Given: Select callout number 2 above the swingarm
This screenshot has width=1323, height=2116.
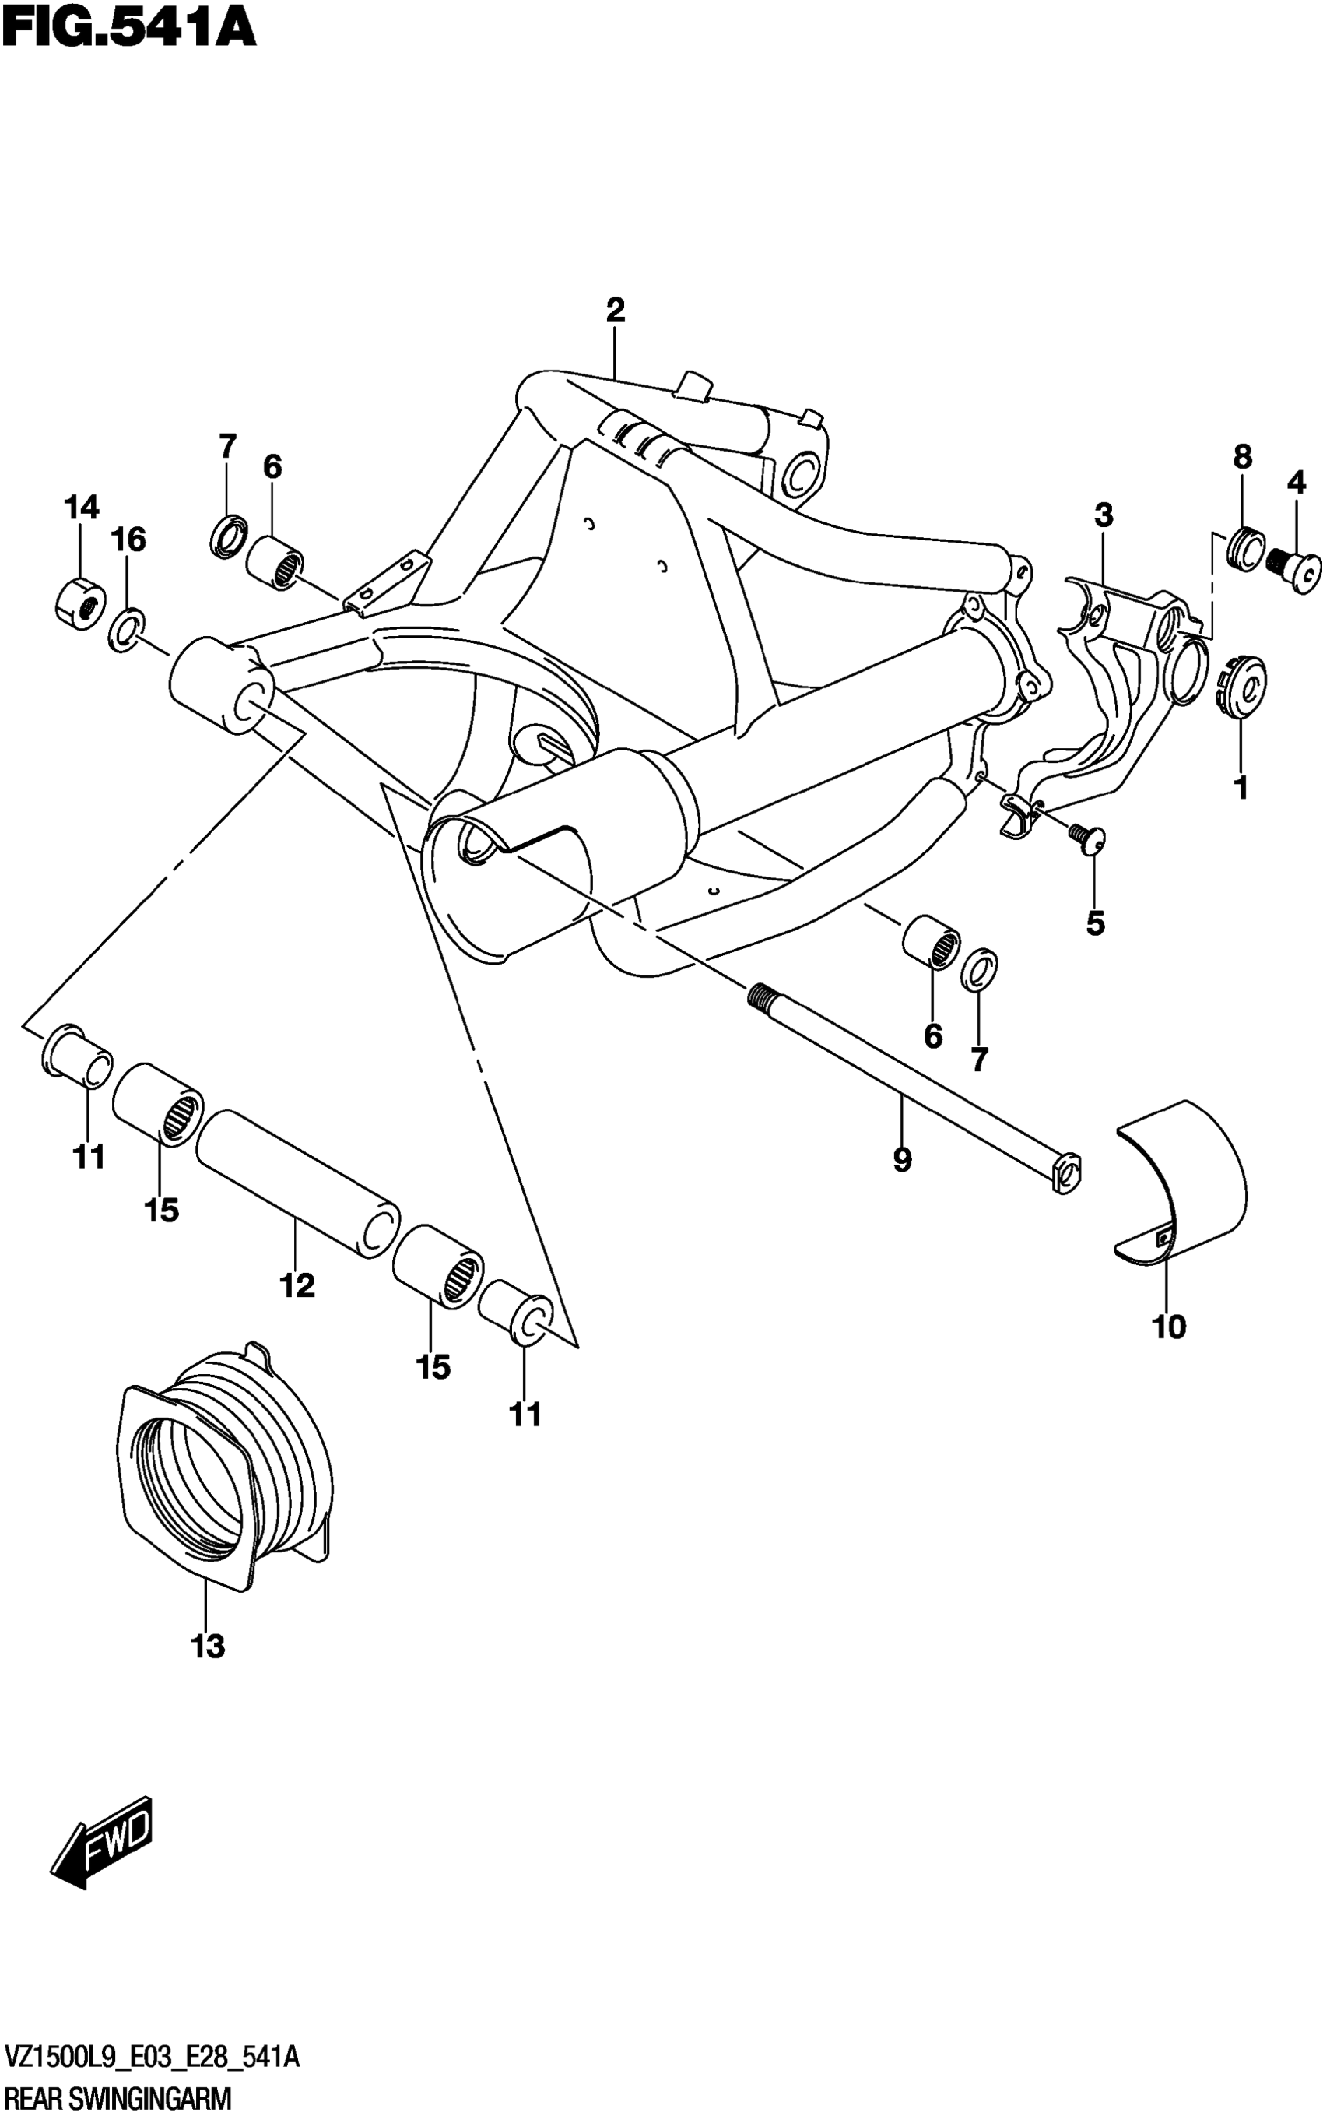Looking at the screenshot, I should [x=615, y=310].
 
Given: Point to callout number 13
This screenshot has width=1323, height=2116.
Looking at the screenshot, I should [x=209, y=1646].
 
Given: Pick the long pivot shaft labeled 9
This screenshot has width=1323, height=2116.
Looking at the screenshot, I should [x=910, y=1085].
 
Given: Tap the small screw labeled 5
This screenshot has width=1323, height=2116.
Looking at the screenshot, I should [x=1086, y=838].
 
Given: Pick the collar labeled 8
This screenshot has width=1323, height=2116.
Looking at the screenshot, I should [x=1245, y=548].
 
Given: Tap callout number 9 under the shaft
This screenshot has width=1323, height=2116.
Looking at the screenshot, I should [x=902, y=1161].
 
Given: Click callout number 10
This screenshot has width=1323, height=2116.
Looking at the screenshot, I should [x=1169, y=1327].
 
